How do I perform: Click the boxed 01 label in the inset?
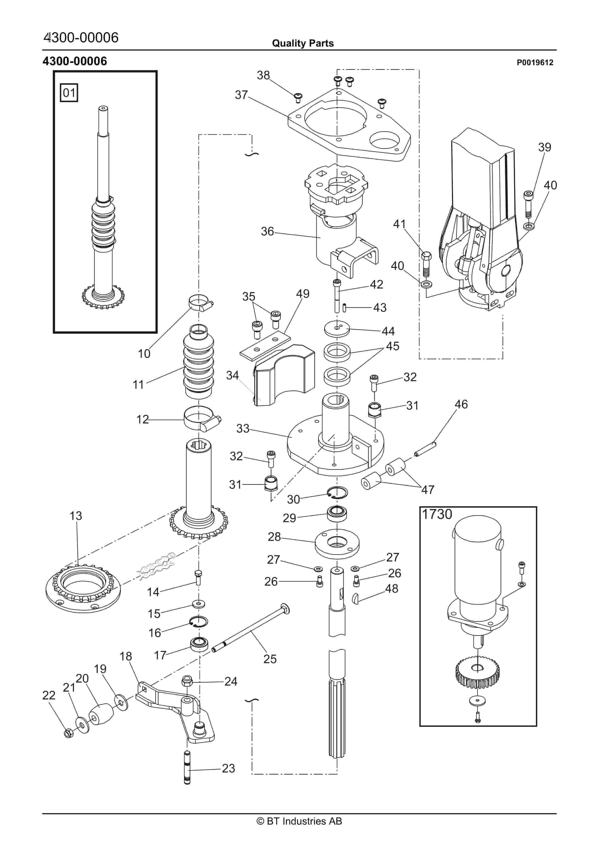click(x=69, y=92)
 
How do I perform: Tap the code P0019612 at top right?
click(x=535, y=62)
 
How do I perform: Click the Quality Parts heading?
click(x=303, y=43)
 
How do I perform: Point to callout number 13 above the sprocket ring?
click(x=76, y=516)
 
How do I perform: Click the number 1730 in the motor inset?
click(x=437, y=514)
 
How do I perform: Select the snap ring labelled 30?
click(x=337, y=492)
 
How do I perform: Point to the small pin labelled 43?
click(x=345, y=307)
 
